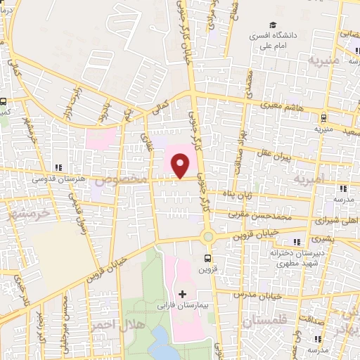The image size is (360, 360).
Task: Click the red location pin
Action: pos(181,166)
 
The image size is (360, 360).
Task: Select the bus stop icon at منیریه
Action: pos(323,118)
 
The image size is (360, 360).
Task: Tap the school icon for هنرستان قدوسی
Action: pos(59,167)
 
